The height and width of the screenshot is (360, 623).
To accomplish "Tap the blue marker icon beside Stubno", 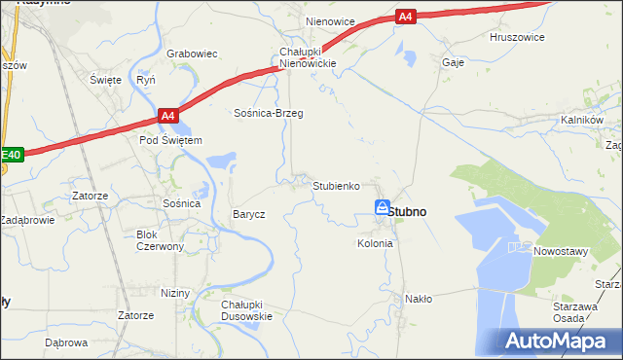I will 383,206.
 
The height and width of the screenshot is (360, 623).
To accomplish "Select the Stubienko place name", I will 337,185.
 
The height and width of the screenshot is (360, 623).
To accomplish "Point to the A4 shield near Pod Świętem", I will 168,117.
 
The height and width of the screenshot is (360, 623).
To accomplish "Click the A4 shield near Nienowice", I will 408,17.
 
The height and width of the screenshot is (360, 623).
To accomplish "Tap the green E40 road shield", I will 11,155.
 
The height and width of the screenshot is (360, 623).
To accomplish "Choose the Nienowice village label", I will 330,21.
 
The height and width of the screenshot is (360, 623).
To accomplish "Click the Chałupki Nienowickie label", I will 308,57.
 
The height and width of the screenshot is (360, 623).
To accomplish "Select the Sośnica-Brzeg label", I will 269,113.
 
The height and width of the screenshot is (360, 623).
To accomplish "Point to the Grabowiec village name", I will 191,54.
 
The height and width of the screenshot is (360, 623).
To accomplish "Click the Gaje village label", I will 453,61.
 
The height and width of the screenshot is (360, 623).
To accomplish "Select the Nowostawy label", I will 562,251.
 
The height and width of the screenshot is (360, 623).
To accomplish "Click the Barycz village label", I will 248,214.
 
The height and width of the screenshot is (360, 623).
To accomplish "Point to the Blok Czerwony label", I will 161,240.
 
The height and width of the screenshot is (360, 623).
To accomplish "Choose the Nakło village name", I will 419,299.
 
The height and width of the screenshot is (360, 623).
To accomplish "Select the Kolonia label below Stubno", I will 375,243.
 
